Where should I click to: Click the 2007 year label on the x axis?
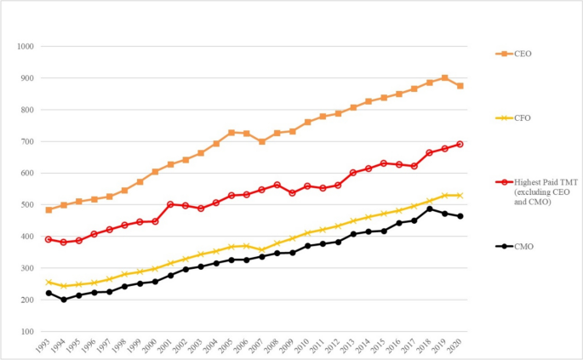pos(262,346)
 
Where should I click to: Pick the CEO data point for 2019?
pos(445,78)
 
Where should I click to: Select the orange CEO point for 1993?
pos(49,209)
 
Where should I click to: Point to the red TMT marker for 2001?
pos(171,204)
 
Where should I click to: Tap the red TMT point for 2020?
pos(460,144)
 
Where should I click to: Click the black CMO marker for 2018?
pos(430,209)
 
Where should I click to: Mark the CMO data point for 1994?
pos(65,300)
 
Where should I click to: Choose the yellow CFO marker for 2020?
pos(460,196)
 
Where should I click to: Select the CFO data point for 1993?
pos(49,282)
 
